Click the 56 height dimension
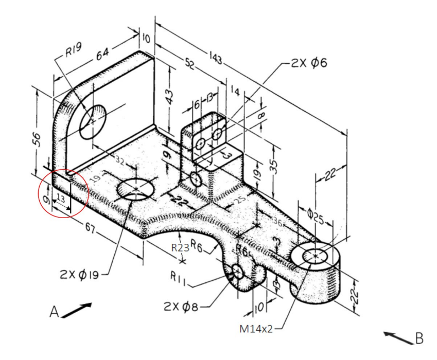point(36,140)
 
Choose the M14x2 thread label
point(256,329)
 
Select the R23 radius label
point(180,247)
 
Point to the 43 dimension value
point(170,96)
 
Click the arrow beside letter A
point(77,309)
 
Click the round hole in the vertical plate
point(93,119)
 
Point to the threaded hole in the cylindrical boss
point(314,255)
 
